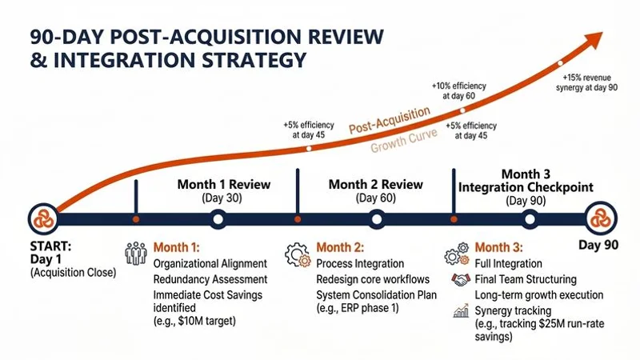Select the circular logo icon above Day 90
[602, 218]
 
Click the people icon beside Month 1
[136, 253]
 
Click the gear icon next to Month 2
[298, 253]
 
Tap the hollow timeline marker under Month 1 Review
[217, 218]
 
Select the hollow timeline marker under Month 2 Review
[376, 218]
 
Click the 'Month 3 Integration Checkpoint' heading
[526, 180]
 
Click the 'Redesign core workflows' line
[373, 278]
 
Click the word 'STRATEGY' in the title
[239, 61]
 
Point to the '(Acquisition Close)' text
[73, 274]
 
